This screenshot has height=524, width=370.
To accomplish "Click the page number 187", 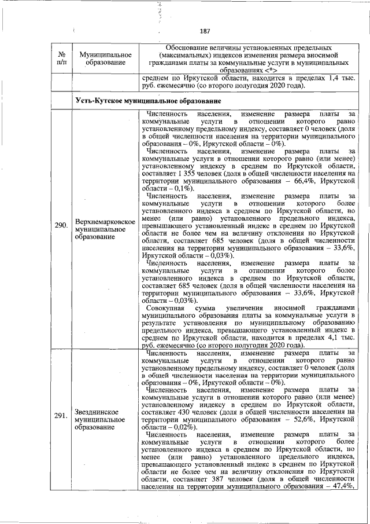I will point(204,31).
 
